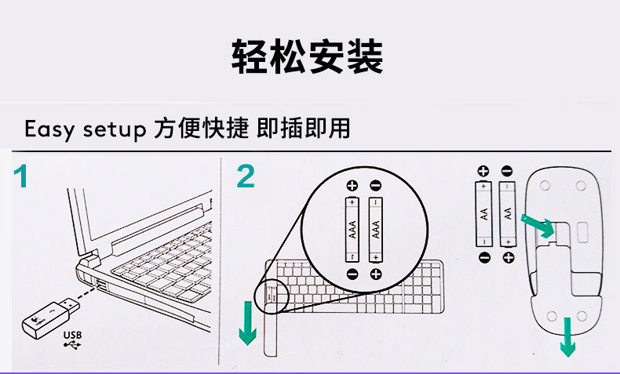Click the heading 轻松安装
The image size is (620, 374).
click(307, 56)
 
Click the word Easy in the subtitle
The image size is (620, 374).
click(49, 129)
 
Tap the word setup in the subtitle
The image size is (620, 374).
click(115, 129)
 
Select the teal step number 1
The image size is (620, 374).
click(21, 176)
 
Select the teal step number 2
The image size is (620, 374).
click(246, 176)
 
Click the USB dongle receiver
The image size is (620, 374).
click(50, 318)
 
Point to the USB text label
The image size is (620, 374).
click(73, 336)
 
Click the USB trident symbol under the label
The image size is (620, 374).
click(72, 345)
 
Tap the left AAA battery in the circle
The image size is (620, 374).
click(352, 230)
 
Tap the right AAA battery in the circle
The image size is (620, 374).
click(376, 230)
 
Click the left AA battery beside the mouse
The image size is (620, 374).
click(483, 213)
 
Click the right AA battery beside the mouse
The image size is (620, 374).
click(507, 213)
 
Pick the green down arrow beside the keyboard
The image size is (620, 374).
click(248, 323)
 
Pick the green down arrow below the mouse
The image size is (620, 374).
click(567, 337)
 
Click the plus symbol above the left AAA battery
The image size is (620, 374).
click(352, 185)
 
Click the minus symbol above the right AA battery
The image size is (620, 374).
click(507, 171)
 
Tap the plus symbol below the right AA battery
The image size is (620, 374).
click(509, 257)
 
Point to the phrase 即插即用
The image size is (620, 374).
click(303, 129)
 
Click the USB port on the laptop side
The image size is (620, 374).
click(100, 285)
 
